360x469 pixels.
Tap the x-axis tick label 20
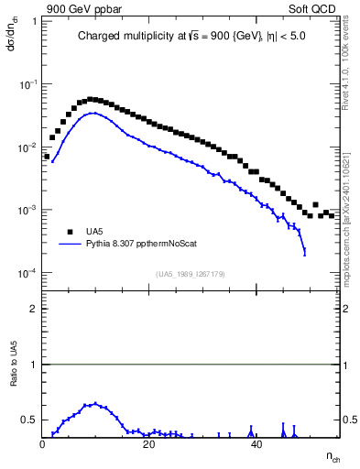tap(149, 444)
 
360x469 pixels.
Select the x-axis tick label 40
tap(256, 444)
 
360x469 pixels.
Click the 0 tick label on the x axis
tap(43, 444)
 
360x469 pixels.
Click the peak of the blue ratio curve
tap(94, 403)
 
